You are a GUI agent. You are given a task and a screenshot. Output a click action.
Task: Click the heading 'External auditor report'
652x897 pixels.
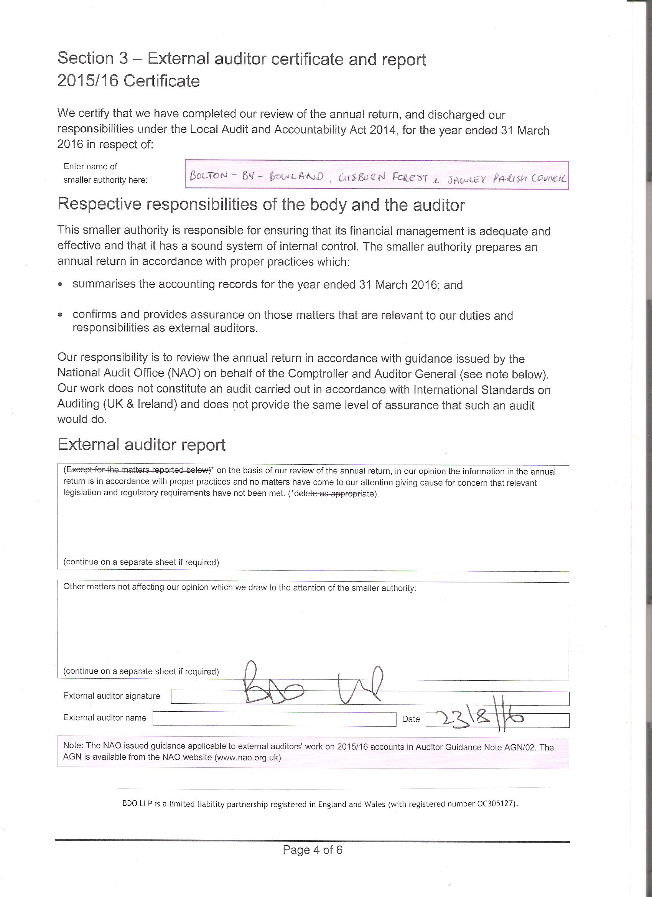[x=141, y=445]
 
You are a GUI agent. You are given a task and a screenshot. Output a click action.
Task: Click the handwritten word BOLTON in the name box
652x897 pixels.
[x=208, y=176]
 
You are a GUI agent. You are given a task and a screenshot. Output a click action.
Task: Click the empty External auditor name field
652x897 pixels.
[x=274, y=719]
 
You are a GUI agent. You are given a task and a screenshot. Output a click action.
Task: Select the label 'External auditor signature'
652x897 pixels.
[x=112, y=696]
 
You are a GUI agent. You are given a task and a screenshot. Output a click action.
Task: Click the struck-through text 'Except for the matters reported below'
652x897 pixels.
[x=138, y=470]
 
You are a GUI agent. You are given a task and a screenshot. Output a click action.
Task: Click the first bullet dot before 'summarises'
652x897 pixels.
[x=60, y=284]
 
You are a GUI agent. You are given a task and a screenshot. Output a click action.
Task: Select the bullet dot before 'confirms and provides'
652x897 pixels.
[x=60, y=315]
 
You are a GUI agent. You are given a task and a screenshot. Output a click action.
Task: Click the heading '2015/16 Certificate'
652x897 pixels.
[x=128, y=81]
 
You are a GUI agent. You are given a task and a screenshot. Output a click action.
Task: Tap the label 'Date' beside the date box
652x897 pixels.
[x=411, y=719]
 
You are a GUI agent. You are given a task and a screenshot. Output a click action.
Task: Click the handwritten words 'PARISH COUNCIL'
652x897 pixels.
[x=529, y=179]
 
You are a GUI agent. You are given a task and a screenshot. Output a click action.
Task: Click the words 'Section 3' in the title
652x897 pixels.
[x=93, y=58]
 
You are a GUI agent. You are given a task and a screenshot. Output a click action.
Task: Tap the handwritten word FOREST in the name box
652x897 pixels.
[x=410, y=178]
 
